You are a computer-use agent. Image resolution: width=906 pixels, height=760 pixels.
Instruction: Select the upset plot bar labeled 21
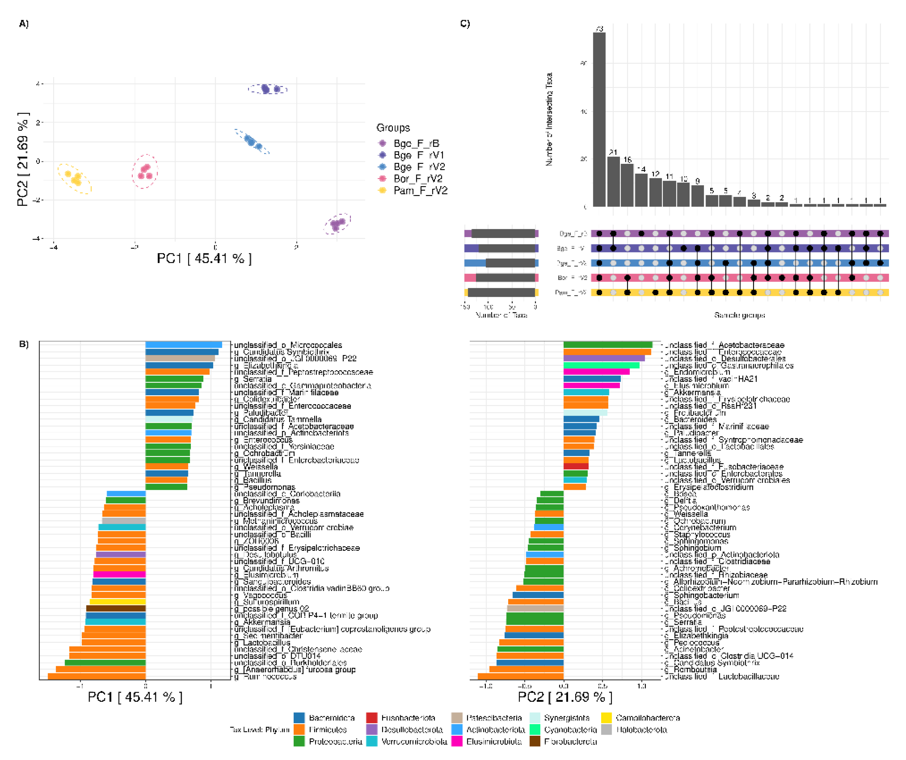pyautogui.click(x=613, y=182)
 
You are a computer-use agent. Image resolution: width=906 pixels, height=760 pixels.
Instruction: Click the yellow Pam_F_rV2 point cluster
pyautogui.click(x=74, y=177)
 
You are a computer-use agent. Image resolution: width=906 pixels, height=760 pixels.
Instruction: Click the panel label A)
pyautogui.click(x=24, y=24)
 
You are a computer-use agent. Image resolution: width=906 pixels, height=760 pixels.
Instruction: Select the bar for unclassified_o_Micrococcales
pyautogui.click(x=183, y=345)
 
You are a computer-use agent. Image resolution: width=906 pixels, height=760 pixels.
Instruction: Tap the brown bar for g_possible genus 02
pyautogui.click(x=116, y=608)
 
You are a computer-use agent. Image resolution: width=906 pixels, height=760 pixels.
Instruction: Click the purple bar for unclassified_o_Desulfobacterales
pyautogui.click(x=603, y=358)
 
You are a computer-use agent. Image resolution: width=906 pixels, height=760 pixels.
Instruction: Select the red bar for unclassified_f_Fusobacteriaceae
pyautogui.click(x=576, y=467)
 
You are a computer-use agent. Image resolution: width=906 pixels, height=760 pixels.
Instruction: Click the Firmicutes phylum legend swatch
pyautogui.click(x=299, y=729)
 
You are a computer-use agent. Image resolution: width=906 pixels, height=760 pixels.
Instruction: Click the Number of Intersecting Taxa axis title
pyautogui.click(x=549, y=119)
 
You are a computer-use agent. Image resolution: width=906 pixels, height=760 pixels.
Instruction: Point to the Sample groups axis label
pyautogui.click(x=739, y=315)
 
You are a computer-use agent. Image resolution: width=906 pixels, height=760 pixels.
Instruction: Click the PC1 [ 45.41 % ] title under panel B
pyautogui.click(x=135, y=697)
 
